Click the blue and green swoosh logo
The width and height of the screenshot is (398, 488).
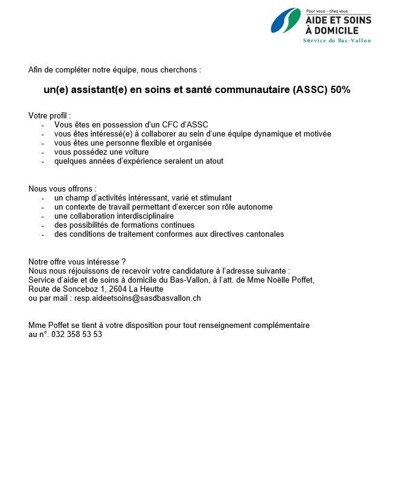[x=285, y=21]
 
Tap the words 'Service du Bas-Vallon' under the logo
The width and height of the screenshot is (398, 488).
[x=337, y=40]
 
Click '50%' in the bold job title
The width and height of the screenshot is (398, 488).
[x=341, y=90]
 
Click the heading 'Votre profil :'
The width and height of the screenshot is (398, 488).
[x=50, y=115]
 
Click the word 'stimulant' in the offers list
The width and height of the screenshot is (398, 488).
[x=216, y=198]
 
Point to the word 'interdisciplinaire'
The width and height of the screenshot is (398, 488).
[x=143, y=216]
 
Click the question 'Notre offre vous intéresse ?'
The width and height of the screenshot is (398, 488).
[x=77, y=262]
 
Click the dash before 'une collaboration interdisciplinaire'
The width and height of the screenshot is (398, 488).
[x=43, y=216]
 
